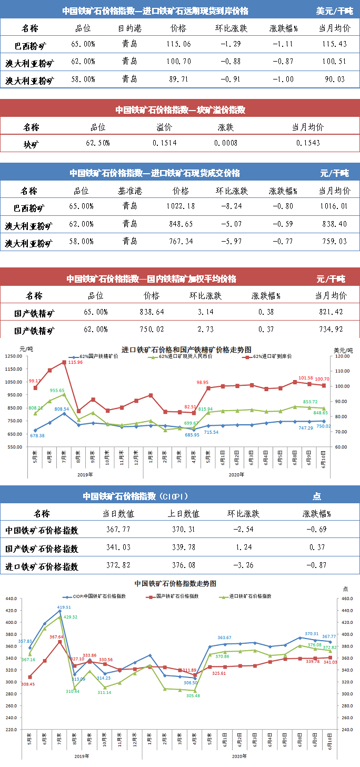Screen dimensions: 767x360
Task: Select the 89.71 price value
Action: point(179,79)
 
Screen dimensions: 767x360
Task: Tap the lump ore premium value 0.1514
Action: point(164,143)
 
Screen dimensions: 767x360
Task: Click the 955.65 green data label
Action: point(57,390)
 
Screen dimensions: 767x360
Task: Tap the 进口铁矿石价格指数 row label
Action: point(42,566)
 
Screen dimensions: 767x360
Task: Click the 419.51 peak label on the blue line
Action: point(64,607)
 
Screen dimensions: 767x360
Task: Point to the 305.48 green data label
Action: point(193,695)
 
